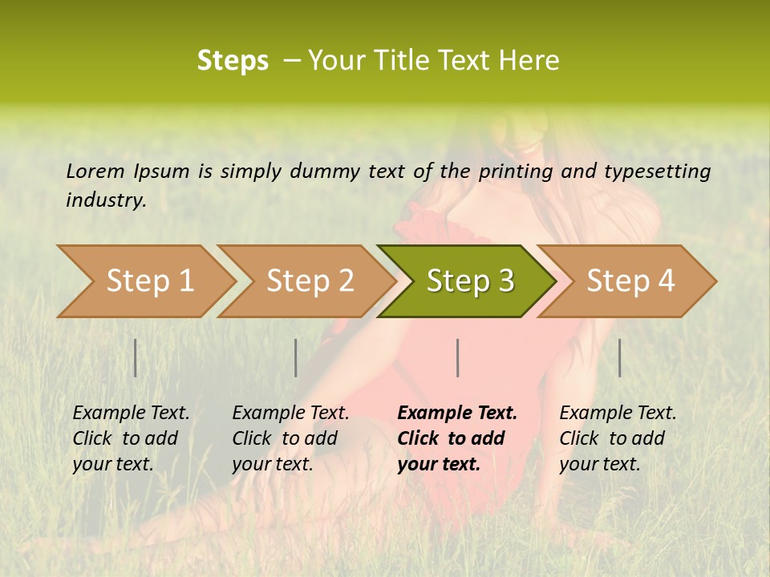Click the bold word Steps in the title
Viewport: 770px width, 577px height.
(233, 61)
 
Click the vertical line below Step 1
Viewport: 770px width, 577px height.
(136, 357)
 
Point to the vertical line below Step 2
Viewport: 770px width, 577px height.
(296, 357)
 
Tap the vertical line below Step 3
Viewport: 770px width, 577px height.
(457, 357)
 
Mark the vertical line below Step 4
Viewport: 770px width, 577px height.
(620, 357)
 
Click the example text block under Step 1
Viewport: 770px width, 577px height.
(131, 438)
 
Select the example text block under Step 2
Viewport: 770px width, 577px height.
(290, 438)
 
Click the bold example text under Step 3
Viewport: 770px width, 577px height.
(457, 438)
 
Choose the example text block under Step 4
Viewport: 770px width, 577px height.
(618, 438)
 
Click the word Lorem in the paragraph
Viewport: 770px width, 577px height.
(95, 171)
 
